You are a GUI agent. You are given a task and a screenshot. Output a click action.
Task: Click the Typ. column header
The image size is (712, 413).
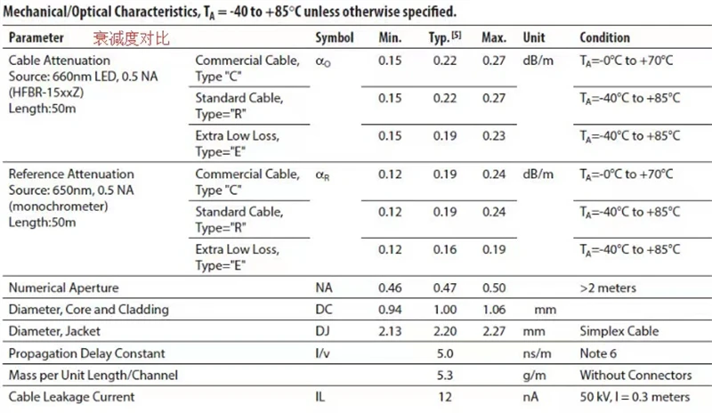(x=440, y=38)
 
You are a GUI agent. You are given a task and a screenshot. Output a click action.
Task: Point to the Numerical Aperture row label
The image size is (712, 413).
(x=63, y=288)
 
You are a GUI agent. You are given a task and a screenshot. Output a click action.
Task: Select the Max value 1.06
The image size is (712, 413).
(x=493, y=310)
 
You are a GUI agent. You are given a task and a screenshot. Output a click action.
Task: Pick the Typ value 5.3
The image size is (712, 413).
(x=446, y=375)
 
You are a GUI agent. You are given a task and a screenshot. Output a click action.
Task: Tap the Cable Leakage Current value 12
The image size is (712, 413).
(x=446, y=397)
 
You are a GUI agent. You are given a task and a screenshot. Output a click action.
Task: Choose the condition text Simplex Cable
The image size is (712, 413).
(x=619, y=331)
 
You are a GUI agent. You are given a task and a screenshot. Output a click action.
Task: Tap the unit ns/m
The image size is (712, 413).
(x=538, y=353)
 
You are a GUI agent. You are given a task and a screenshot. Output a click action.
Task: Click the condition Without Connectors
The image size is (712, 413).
(x=635, y=375)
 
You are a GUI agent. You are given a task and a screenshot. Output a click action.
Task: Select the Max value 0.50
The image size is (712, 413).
(x=493, y=288)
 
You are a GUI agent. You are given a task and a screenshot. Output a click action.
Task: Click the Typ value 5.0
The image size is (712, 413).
(x=446, y=353)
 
